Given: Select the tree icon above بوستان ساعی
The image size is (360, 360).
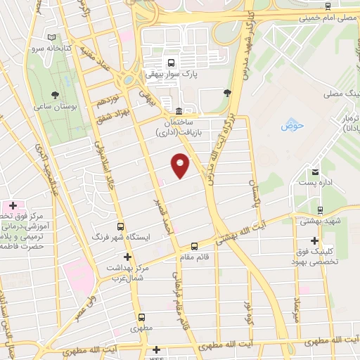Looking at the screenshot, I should pos(55,93).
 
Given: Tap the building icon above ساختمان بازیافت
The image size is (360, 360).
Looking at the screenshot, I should pos(179,111).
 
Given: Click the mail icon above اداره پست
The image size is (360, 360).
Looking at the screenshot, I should pos(316,172).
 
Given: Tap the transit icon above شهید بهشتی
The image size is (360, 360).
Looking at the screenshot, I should pos(320,210).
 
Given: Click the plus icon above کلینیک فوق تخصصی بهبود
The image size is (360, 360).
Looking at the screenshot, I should pos(314,240).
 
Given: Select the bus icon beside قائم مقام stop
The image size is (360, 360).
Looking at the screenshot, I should pos(195,246).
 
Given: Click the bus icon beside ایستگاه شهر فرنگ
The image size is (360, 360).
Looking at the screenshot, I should pos(120,227).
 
